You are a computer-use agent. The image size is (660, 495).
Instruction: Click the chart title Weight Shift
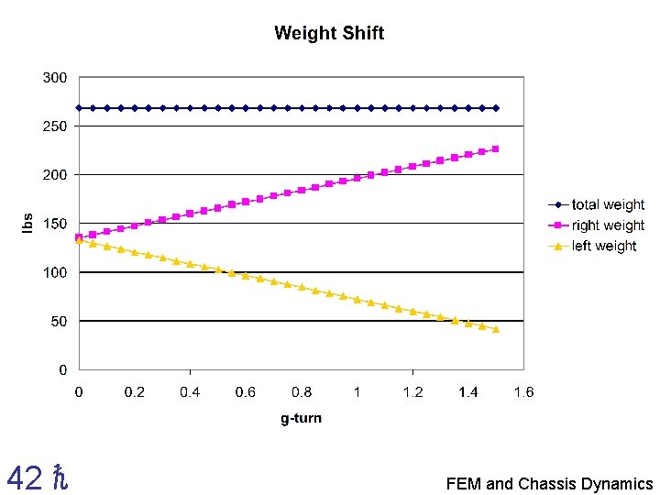329,34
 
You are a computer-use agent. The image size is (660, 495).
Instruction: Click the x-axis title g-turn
302,419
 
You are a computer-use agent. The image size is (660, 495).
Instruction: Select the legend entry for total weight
608,205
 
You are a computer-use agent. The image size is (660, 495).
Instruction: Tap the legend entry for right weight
608,225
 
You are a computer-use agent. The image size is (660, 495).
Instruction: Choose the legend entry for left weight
604,246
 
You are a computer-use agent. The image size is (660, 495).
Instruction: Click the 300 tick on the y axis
55,78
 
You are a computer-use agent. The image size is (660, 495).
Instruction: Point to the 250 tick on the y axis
55,126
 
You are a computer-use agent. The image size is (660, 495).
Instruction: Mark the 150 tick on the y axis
55,224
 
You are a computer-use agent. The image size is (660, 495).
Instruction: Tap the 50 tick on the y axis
59,322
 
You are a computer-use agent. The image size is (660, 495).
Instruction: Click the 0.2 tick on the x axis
135,392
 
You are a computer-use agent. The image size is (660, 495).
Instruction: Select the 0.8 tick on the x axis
302,392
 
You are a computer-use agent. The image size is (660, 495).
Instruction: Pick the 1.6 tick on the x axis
523,392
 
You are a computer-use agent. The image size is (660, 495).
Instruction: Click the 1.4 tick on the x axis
467,392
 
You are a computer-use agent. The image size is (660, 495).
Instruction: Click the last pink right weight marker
496,148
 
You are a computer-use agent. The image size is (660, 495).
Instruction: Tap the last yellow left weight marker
496,329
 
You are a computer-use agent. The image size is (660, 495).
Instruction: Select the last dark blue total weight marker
496,108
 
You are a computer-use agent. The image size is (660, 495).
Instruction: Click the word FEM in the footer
464,484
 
